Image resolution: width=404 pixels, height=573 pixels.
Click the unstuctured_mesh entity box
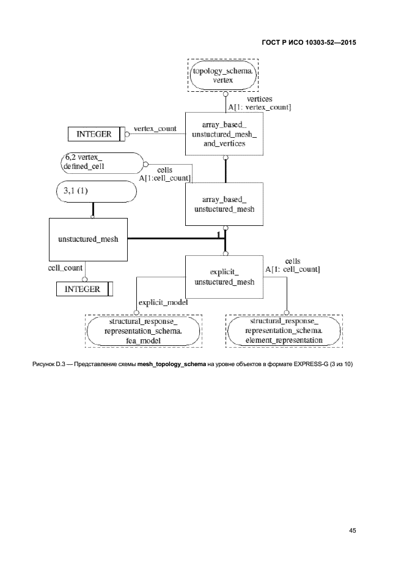coord(88,239)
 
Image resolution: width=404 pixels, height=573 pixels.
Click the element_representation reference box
coord(284,331)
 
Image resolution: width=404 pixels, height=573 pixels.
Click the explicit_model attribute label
coord(163,302)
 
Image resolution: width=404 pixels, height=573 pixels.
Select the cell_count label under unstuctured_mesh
coord(65,268)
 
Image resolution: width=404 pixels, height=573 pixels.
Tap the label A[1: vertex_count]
coord(259,107)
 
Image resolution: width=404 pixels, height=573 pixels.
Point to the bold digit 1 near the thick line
coord(218,234)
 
